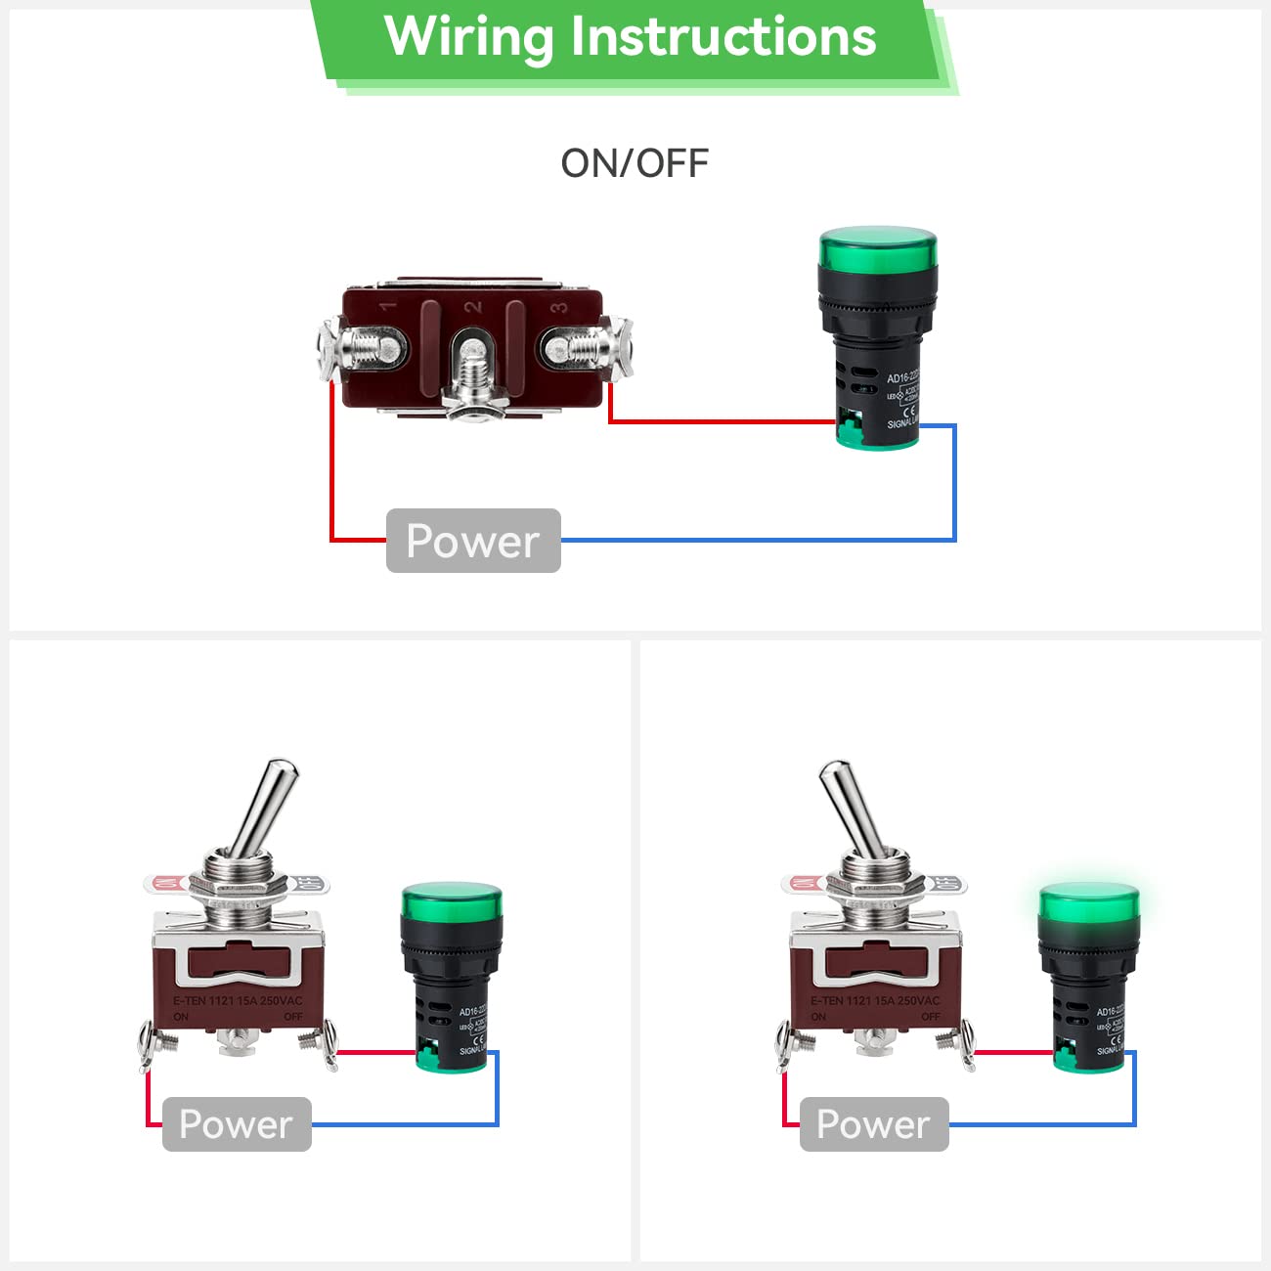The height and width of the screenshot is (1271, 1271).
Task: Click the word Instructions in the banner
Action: (723, 37)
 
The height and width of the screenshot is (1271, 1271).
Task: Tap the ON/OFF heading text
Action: (635, 163)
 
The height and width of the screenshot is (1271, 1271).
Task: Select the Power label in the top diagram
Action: (473, 541)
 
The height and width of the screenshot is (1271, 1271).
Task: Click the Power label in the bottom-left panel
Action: (237, 1124)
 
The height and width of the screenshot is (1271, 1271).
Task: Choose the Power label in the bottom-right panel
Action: (874, 1124)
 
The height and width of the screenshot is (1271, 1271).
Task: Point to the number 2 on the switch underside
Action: (474, 307)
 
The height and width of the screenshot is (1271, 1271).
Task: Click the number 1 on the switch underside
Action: (389, 307)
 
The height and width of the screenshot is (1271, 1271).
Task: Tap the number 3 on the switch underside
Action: (559, 307)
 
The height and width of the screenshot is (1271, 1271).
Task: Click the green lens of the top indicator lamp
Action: (877, 247)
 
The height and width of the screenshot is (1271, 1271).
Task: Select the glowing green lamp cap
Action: (1089, 902)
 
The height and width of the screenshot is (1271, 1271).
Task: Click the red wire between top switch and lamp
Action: (723, 422)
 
